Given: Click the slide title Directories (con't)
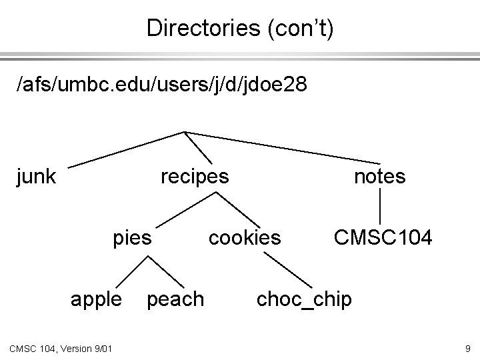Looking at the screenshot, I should point(241,27).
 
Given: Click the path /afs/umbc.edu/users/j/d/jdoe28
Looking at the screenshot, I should point(163,85).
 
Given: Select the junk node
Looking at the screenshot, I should point(36,177).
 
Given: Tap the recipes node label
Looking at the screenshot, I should point(195,177).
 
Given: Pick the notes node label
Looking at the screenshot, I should point(379,177).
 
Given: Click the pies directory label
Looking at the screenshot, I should point(133,237).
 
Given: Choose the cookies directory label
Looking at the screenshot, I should point(245,237).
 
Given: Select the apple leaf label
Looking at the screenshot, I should point(97,299).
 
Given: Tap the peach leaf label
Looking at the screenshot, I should point(175,299).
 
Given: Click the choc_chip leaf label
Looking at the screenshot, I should point(304,299).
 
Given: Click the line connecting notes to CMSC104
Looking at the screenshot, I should point(380,206).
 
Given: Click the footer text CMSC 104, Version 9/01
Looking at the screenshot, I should point(61,347).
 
